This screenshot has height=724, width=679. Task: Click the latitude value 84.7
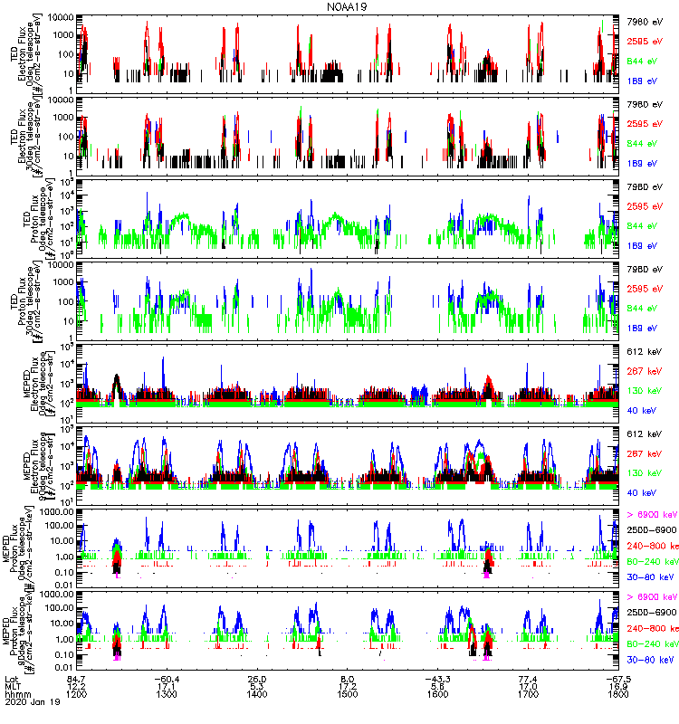click(78, 678)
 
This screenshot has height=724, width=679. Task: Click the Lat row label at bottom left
click(13, 678)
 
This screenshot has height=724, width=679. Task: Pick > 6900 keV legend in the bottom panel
click(650, 597)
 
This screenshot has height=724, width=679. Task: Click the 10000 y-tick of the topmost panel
click(60, 18)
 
